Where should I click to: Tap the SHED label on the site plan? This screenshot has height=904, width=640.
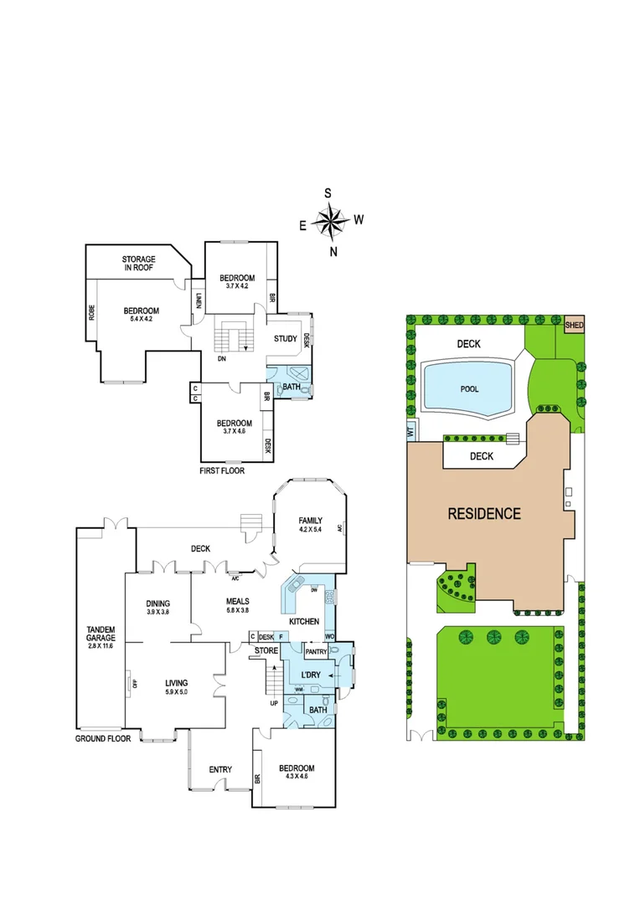click(x=575, y=325)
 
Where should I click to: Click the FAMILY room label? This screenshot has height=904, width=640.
click(x=311, y=521)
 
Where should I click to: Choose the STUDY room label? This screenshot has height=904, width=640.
click(x=286, y=339)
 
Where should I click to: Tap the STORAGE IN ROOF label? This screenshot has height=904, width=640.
click(x=138, y=265)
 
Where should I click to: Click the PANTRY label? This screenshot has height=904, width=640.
click(x=316, y=651)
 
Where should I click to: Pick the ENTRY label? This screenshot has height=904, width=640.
click(x=220, y=769)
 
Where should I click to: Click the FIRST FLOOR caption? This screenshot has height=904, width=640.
click(x=221, y=471)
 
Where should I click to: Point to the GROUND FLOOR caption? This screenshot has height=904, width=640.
click(x=103, y=739)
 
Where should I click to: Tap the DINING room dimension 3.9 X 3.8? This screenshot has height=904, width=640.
click(x=157, y=612)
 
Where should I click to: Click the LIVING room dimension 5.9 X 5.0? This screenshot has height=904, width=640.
click(x=178, y=692)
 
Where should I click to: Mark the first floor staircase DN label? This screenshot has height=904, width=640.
click(x=222, y=359)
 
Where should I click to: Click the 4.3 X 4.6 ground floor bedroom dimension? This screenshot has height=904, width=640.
click(x=297, y=778)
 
